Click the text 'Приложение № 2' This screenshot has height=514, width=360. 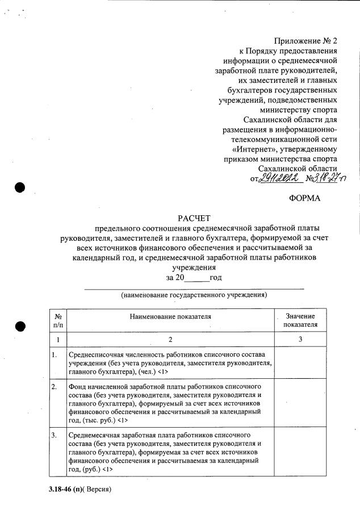305,41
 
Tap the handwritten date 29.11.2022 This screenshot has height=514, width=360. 280,178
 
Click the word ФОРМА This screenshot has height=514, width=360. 305,198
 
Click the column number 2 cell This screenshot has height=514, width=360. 170,339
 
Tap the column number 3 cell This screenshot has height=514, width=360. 300,339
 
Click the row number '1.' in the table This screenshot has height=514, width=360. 55,355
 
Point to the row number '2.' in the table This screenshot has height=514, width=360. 55,387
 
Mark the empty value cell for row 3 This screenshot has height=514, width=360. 300,452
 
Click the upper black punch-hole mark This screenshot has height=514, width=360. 20,187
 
